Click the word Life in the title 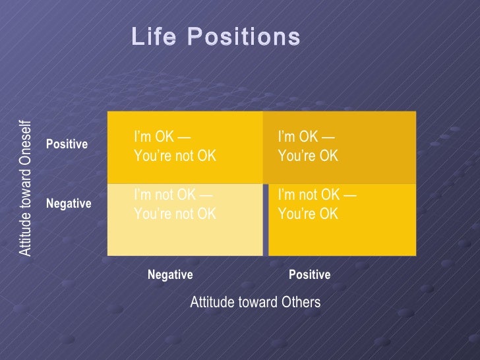click(x=154, y=36)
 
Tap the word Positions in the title click(x=244, y=36)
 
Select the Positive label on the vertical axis click(x=67, y=144)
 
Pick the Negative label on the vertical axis click(x=69, y=203)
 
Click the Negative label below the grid click(x=170, y=274)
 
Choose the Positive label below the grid click(x=309, y=274)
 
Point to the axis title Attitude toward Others click(x=255, y=302)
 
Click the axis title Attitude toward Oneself click(x=25, y=189)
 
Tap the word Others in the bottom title click(x=301, y=302)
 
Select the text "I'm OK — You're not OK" click(x=175, y=146)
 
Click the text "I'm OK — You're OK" click(x=309, y=146)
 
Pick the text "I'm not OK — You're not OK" click(x=175, y=204)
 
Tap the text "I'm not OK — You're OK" click(x=317, y=204)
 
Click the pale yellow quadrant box click(x=185, y=220)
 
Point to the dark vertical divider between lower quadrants click(x=266, y=220)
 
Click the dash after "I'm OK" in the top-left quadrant click(x=184, y=137)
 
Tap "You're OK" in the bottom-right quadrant click(x=309, y=214)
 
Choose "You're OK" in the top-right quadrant click(x=309, y=156)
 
